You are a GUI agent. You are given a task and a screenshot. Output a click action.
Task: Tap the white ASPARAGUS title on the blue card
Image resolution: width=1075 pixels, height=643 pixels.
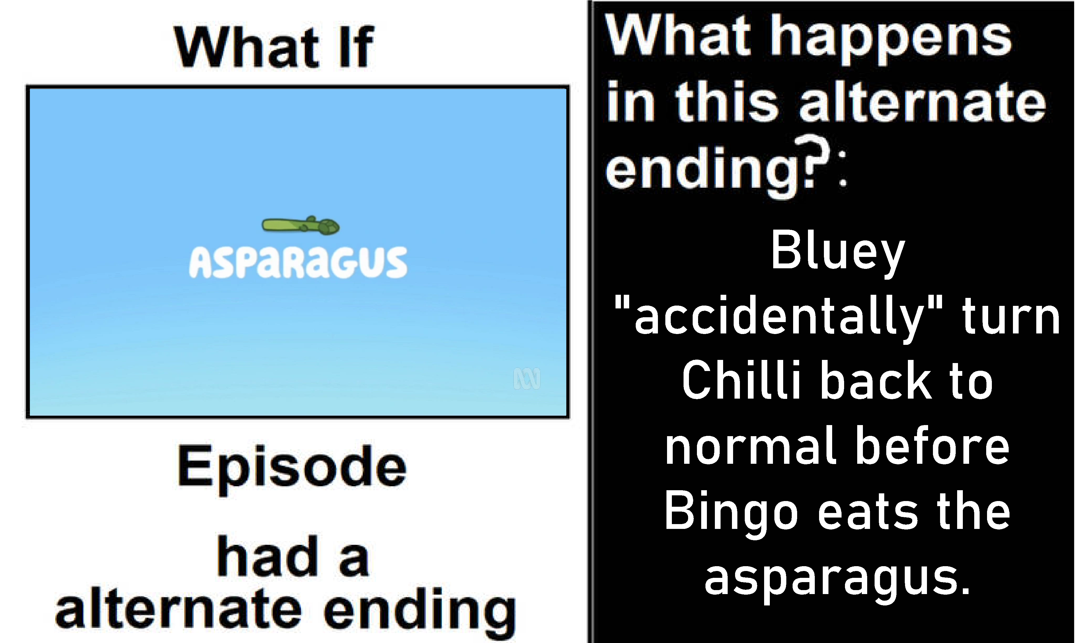pos(298,263)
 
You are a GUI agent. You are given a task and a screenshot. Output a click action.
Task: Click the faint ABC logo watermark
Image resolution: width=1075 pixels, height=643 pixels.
pos(527,378)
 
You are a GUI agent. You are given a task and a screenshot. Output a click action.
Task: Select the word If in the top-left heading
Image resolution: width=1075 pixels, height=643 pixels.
pos(356,47)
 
